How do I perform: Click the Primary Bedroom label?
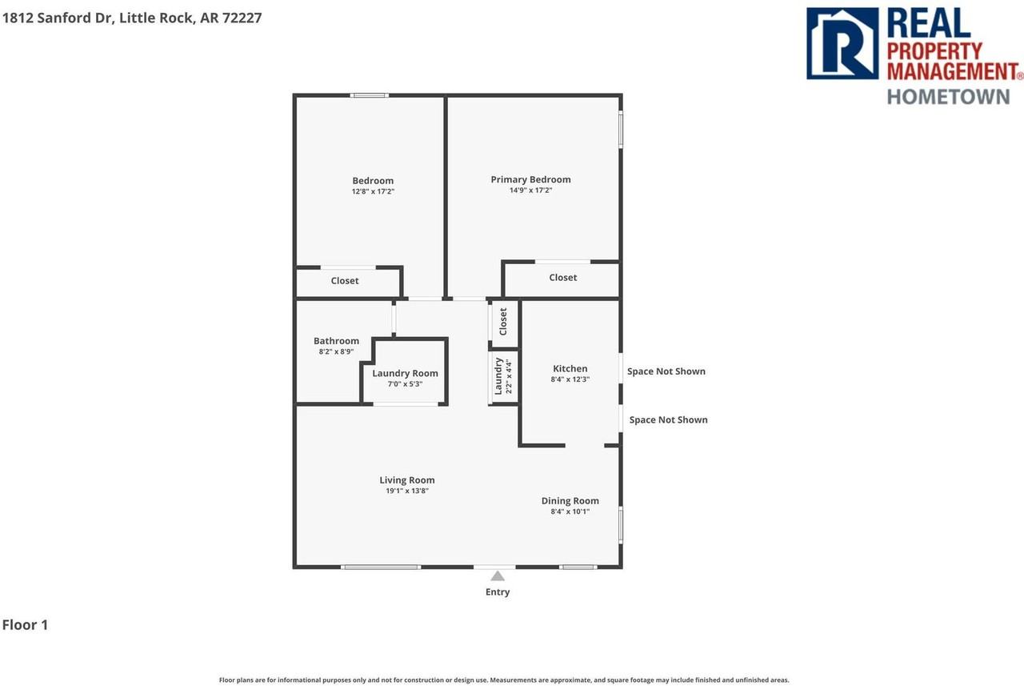(x=530, y=179)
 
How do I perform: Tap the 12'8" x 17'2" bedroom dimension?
(x=373, y=191)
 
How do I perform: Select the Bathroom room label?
(x=336, y=341)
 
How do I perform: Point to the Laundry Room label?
(x=405, y=373)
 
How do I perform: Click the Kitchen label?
(x=570, y=369)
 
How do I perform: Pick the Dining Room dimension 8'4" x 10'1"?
(x=570, y=511)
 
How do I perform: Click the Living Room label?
(x=407, y=480)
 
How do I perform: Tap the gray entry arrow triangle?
(x=498, y=576)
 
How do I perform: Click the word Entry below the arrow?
(x=498, y=592)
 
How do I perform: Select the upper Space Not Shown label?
(x=666, y=371)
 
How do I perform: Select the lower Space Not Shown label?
(x=668, y=419)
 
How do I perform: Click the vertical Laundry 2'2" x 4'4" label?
(x=502, y=376)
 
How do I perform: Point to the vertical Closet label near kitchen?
(x=503, y=322)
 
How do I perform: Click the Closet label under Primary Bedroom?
(x=562, y=278)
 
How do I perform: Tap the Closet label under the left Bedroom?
(x=345, y=281)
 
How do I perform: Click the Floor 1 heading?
(x=26, y=625)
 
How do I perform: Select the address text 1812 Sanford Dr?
(x=59, y=18)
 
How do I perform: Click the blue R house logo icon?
(x=842, y=43)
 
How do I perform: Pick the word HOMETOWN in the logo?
(x=948, y=96)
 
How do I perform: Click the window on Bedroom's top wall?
(x=370, y=95)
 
